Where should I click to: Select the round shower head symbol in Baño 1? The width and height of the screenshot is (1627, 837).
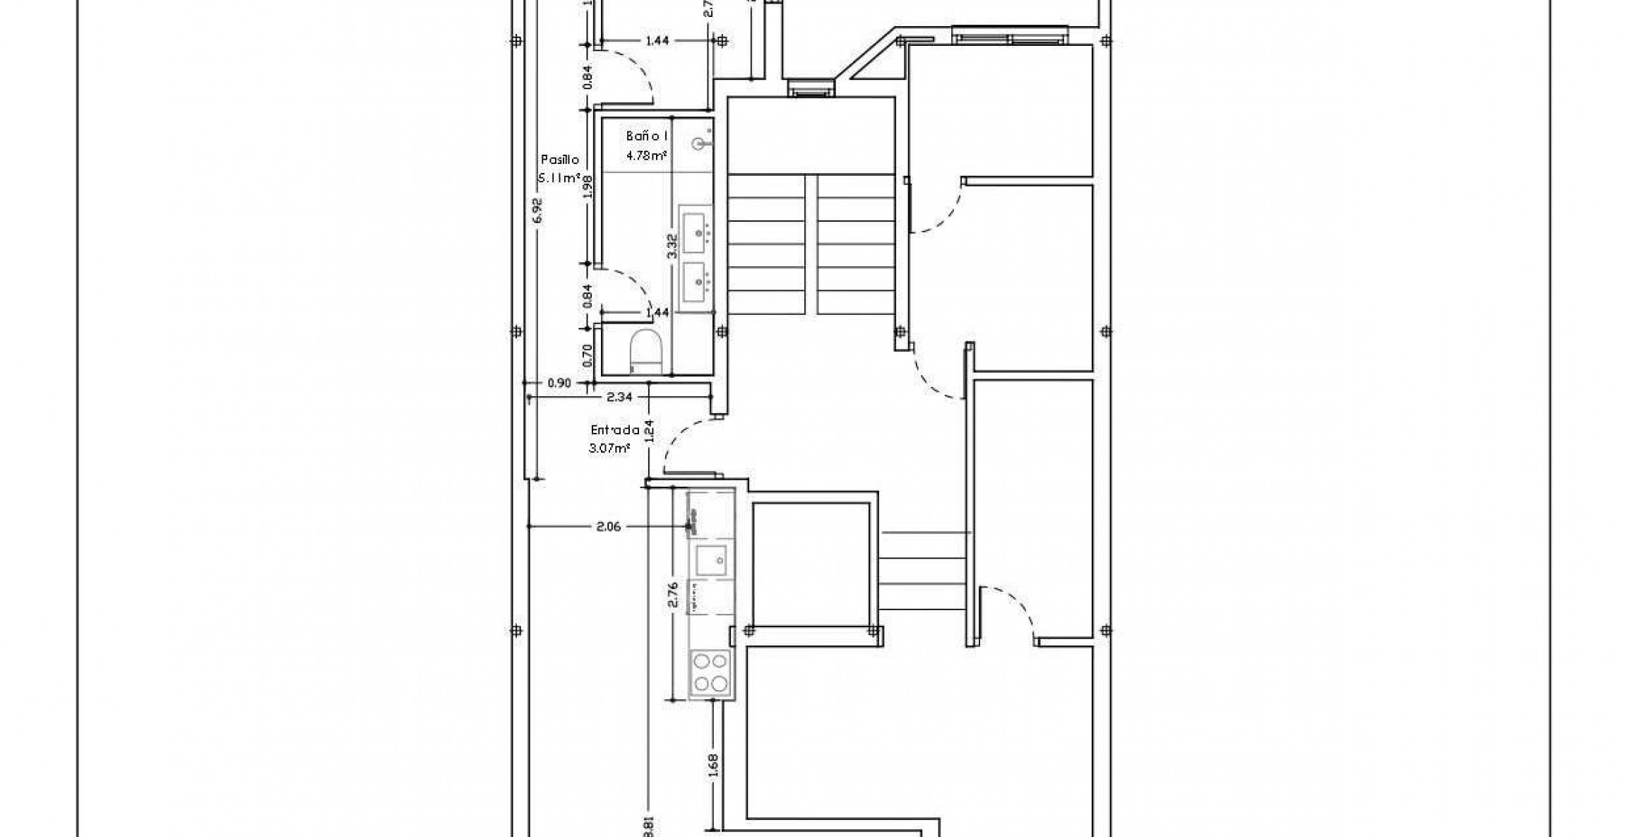[x=699, y=144]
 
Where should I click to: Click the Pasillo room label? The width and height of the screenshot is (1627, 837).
[x=560, y=160]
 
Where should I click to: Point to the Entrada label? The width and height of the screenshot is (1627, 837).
[x=614, y=429]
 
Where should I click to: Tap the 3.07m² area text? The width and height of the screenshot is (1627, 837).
[x=609, y=447]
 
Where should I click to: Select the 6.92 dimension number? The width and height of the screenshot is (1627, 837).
[x=538, y=210]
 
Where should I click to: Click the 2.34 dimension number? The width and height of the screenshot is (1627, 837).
[x=619, y=398]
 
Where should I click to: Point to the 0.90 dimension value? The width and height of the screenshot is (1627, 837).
[x=559, y=384]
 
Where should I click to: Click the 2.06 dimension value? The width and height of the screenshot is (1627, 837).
[x=608, y=526]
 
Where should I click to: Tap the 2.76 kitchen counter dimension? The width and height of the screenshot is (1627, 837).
[x=672, y=594]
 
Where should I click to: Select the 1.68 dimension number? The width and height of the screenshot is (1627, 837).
[x=712, y=766]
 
